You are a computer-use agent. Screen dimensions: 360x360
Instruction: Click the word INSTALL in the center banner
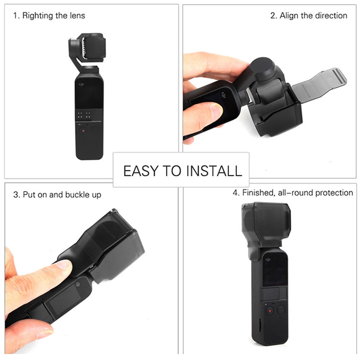coord(214,171)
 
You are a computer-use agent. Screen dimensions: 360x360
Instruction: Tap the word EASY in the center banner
coord(141,171)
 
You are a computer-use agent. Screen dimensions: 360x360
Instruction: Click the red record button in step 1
coord(83,131)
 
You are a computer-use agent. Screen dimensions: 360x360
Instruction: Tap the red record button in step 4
coord(270,311)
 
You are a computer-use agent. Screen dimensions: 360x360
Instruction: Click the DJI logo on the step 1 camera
coord(81,85)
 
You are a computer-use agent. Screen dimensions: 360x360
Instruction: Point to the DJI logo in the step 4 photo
coord(268,260)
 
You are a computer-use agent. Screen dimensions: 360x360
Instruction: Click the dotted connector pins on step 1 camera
coord(84,115)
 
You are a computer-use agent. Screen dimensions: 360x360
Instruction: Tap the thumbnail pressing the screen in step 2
coord(216,111)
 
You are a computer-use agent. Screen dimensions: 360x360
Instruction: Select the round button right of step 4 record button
coord(281,310)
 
